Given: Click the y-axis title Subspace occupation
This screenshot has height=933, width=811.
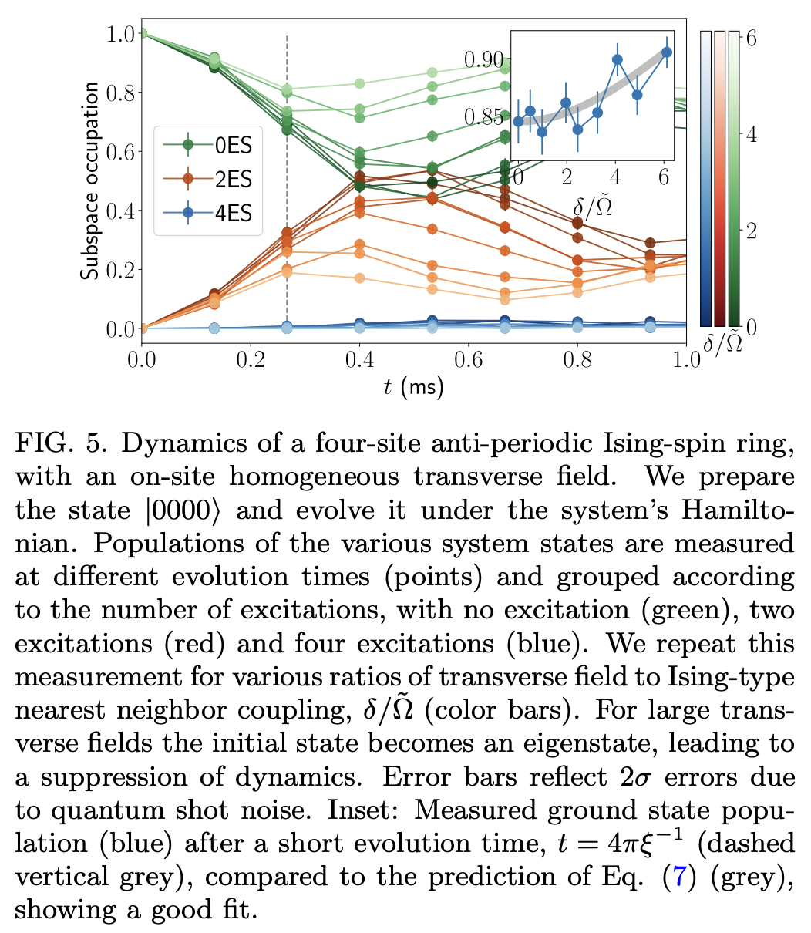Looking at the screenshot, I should point(90,181).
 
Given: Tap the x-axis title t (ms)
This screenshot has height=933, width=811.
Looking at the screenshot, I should point(414,386).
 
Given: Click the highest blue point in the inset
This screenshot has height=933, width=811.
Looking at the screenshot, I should point(667,52).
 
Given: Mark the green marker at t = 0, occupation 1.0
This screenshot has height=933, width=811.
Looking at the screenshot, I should point(143,33).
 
